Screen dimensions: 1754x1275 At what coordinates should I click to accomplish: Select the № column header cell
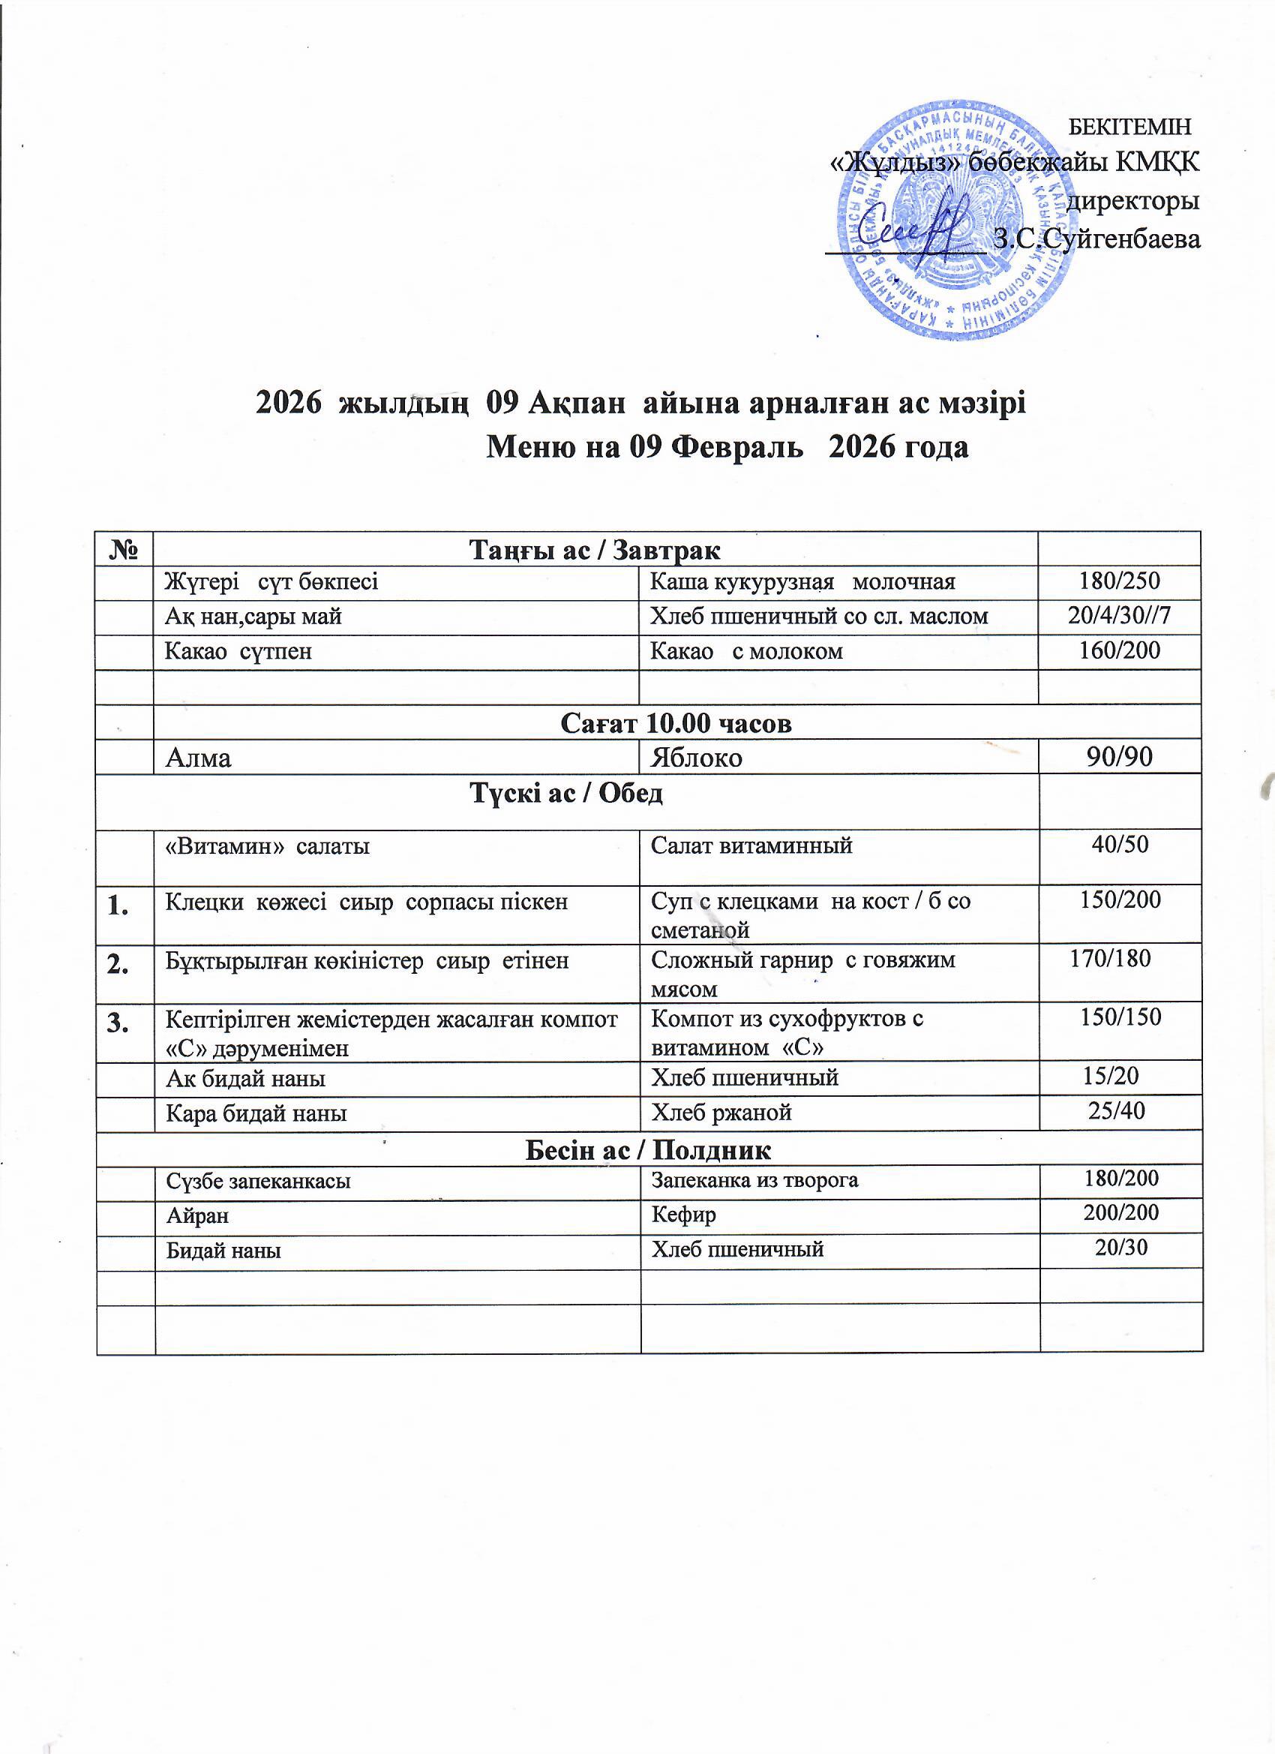click(x=124, y=549)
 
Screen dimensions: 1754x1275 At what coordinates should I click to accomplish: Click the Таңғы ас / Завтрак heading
click(x=595, y=550)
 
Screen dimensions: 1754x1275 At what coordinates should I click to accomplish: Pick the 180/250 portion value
click(x=1120, y=581)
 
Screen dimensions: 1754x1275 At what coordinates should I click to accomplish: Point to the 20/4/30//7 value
click(x=1120, y=616)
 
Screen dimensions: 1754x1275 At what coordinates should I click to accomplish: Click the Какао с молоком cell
click(x=746, y=651)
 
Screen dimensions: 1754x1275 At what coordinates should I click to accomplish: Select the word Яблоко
click(x=696, y=757)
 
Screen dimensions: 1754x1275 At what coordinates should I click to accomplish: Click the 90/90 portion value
click(x=1120, y=757)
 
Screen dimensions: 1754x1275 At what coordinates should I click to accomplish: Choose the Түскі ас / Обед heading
click(x=567, y=794)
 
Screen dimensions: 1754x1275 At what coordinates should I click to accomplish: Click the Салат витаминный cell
click(x=751, y=845)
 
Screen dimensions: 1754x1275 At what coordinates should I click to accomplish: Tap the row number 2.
click(x=119, y=961)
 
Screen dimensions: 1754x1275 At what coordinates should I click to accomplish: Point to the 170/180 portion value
click(x=1109, y=959)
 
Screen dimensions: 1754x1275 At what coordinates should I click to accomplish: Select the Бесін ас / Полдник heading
click(x=648, y=1150)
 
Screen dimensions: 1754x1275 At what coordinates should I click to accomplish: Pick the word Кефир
click(x=682, y=1214)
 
